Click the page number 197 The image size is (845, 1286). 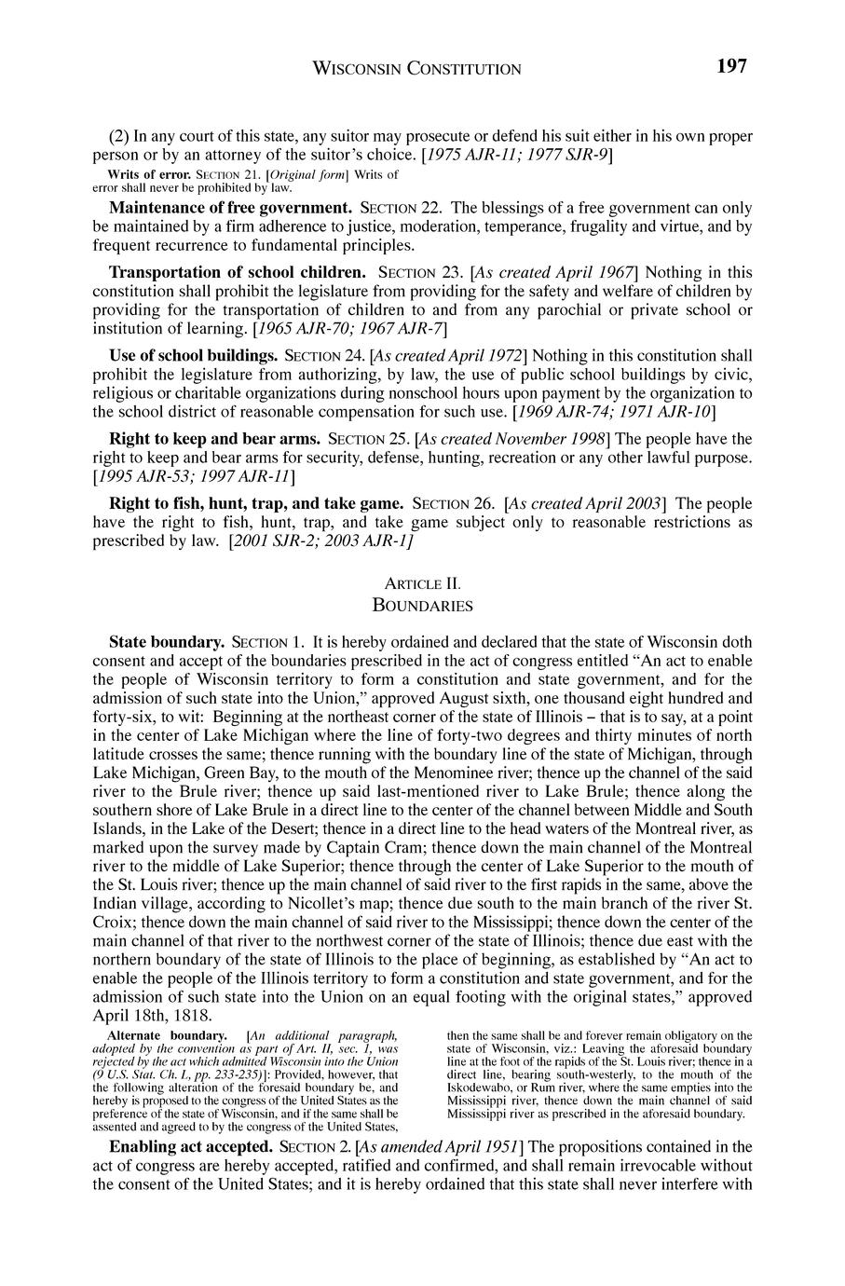[x=732, y=66]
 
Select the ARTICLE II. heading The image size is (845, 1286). [x=422, y=584]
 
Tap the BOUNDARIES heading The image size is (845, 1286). [x=422, y=606]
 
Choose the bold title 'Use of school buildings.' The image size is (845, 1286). [x=194, y=355]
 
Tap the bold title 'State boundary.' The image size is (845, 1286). [x=167, y=643]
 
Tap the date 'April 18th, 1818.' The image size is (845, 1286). [x=154, y=1015]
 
